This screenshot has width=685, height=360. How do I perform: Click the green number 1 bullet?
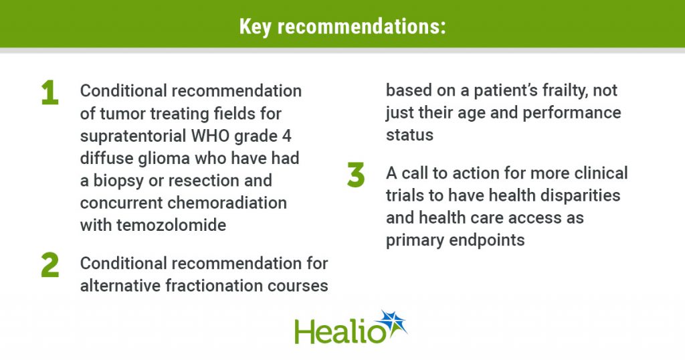(x=50, y=92)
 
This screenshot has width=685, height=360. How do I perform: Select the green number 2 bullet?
(x=50, y=265)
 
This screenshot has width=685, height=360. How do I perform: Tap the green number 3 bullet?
(x=356, y=175)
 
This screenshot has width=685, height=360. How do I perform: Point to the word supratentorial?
(x=133, y=136)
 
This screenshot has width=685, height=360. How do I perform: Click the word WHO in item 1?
(x=211, y=136)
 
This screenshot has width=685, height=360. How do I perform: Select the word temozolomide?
(x=171, y=225)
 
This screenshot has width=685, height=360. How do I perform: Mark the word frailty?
(x=573, y=91)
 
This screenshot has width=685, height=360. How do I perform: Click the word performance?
(x=572, y=113)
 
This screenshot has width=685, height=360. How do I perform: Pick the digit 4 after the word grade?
(x=286, y=136)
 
